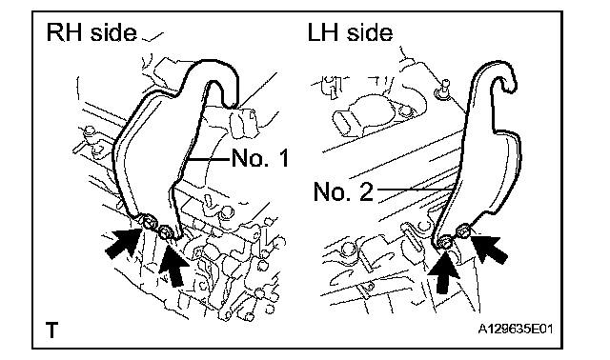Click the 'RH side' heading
(x=91, y=32)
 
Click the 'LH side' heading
(x=350, y=32)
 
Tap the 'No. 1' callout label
(x=260, y=158)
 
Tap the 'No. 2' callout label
(x=343, y=191)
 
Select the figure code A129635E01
(x=515, y=329)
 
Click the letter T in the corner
(x=51, y=330)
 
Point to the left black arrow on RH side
(x=124, y=243)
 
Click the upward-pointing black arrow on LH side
(x=444, y=272)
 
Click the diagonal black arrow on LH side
(x=490, y=247)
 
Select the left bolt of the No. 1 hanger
(x=149, y=222)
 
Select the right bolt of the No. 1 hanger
(x=165, y=232)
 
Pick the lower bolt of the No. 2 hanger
(x=445, y=242)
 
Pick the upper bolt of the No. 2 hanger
(x=463, y=230)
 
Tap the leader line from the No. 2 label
(x=415, y=190)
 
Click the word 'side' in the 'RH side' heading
(x=114, y=32)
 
